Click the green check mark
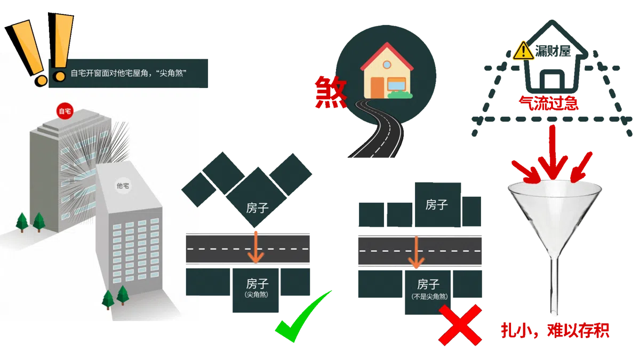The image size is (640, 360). [301, 317]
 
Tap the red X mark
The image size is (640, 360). [459, 325]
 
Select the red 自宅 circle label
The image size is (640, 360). [65, 111]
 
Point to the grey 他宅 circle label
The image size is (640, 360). [123, 186]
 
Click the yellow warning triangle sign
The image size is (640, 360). [523, 52]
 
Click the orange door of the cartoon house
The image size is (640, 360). [377, 87]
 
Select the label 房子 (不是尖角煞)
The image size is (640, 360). [429, 288]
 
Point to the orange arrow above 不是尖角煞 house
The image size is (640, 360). [415, 252]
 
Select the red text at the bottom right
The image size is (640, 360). [555, 331]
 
